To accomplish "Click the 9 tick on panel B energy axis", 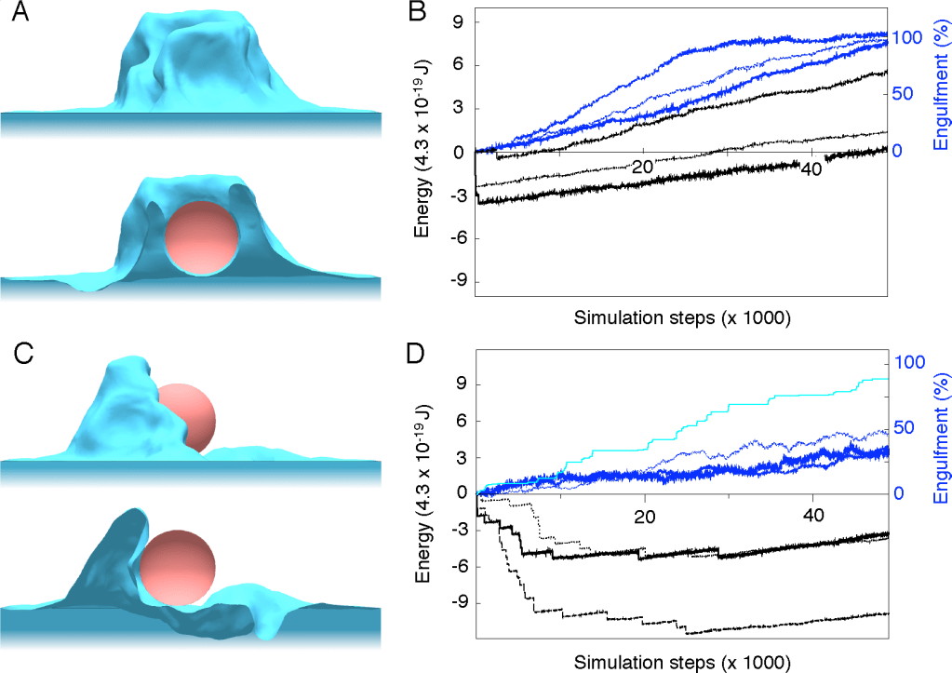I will click(x=459, y=21).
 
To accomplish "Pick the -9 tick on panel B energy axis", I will click(x=455, y=282).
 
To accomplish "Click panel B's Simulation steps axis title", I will click(x=681, y=319).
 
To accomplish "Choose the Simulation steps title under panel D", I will click(x=681, y=662).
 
